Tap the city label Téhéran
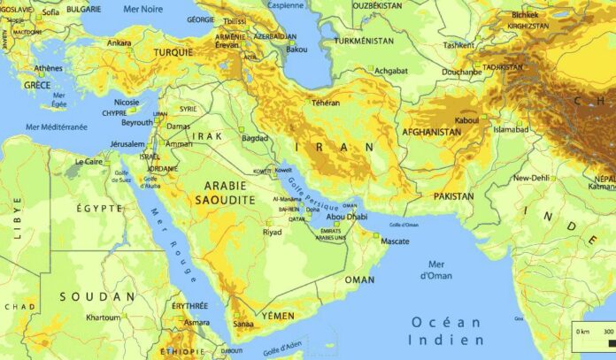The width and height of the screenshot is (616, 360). pos(325,103)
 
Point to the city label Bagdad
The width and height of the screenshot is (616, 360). pos(254,138)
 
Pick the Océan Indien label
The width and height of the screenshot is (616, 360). pos(446,331)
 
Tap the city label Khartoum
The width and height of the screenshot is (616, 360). pos(103,317)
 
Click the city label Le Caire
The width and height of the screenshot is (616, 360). pos(89,162)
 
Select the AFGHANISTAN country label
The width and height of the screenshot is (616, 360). pos(431,133)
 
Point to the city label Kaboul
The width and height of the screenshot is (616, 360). pos(466,119)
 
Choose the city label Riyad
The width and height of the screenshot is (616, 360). pos(272,233)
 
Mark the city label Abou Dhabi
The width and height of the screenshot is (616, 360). pos(348,216)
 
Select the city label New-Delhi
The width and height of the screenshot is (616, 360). pos(532,178)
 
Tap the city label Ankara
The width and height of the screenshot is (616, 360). pos(119,42)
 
